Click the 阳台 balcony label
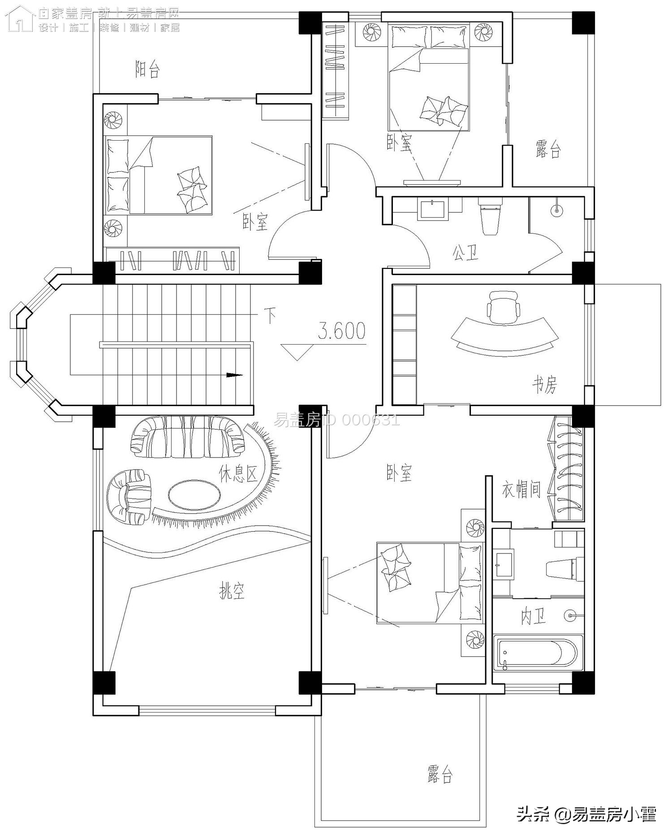point(147,69)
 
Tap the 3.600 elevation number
point(341,331)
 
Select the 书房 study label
point(545,384)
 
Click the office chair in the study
point(504,307)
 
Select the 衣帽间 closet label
point(521,489)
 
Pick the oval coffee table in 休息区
point(194,494)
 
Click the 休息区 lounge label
point(238,473)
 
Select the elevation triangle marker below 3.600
point(297,351)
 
